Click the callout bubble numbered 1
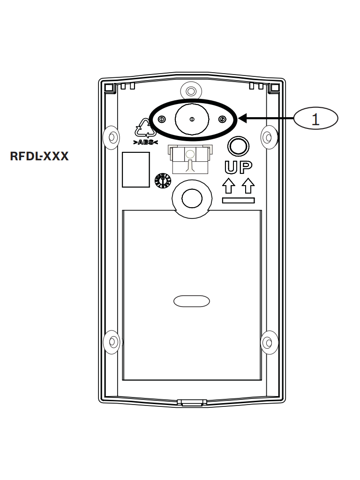(x=315, y=119)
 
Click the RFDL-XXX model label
(x=39, y=156)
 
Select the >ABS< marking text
(x=146, y=142)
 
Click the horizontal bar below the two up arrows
(x=238, y=201)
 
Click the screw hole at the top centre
(x=191, y=90)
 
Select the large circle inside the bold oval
(x=191, y=120)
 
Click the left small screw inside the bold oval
(x=161, y=120)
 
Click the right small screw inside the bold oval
(x=222, y=120)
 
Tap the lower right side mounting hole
(x=268, y=342)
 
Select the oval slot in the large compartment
(x=191, y=301)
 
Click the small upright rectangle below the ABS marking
(x=136, y=170)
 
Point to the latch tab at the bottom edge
(x=191, y=402)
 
